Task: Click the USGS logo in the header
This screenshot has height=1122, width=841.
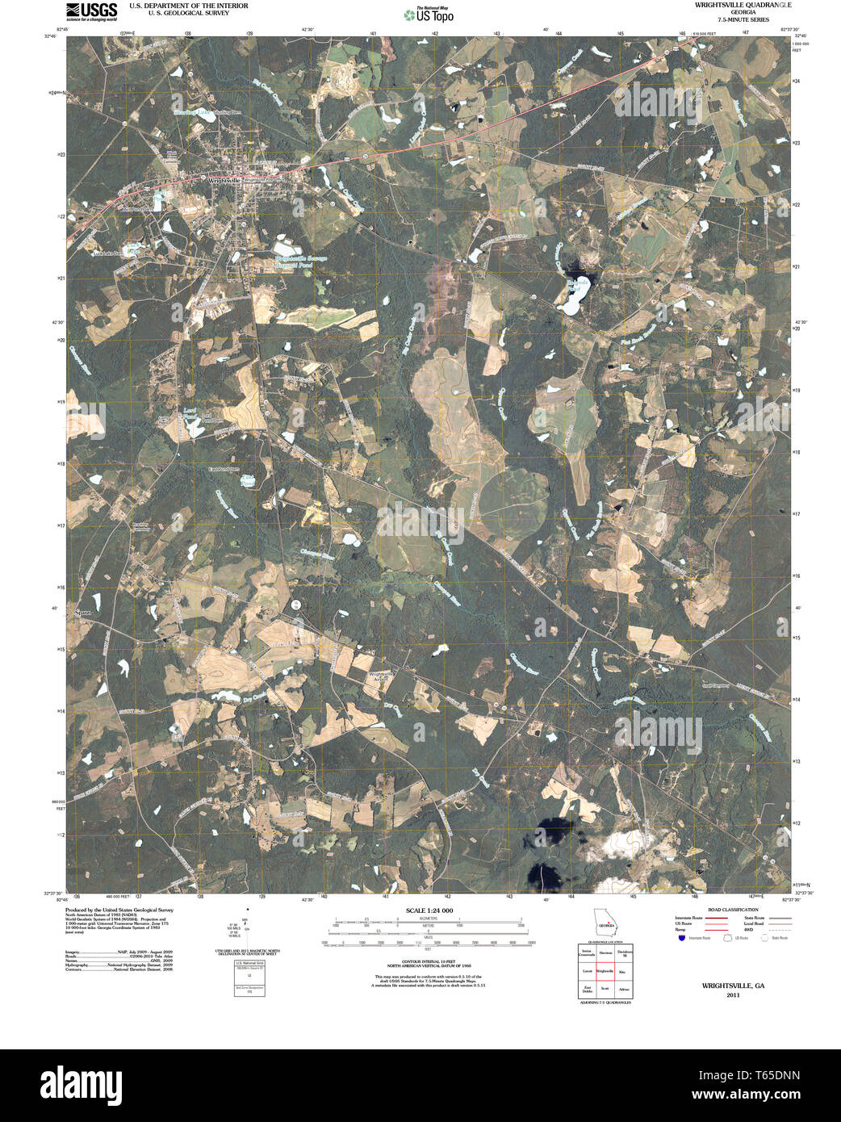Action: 91,10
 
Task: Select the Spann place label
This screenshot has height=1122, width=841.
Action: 83,612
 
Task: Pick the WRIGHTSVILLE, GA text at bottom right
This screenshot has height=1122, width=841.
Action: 733,986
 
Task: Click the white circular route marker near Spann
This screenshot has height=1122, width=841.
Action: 297,605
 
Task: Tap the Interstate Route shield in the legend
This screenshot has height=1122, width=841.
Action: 681,938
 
